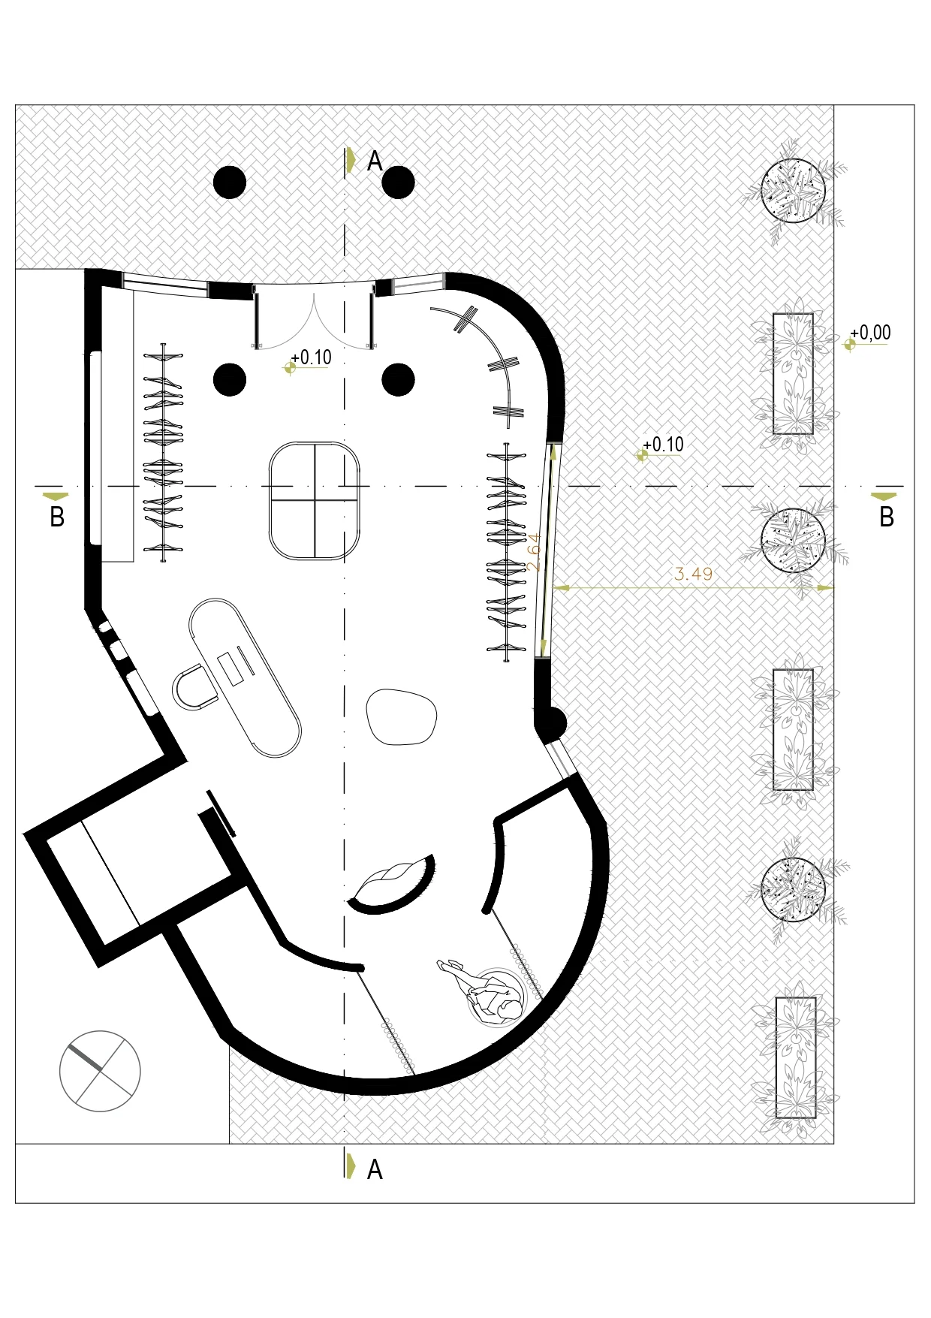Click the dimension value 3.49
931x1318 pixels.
(x=693, y=574)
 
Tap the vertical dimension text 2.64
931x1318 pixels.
(x=534, y=552)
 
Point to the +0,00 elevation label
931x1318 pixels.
(x=870, y=333)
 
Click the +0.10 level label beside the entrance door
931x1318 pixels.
(x=311, y=357)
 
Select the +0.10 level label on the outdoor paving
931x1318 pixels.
(x=663, y=445)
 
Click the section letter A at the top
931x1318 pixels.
(x=375, y=161)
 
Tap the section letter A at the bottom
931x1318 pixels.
(x=375, y=1169)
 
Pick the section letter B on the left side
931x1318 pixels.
(x=57, y=517)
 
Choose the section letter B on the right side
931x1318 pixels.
(x=887, y=517)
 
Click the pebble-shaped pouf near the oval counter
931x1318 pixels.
(x=401, y=717)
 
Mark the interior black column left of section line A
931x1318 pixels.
(x=230, y=380)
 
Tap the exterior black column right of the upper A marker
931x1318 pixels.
(x=398, y=182)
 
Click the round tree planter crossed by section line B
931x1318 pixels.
(x=793, y=540)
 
